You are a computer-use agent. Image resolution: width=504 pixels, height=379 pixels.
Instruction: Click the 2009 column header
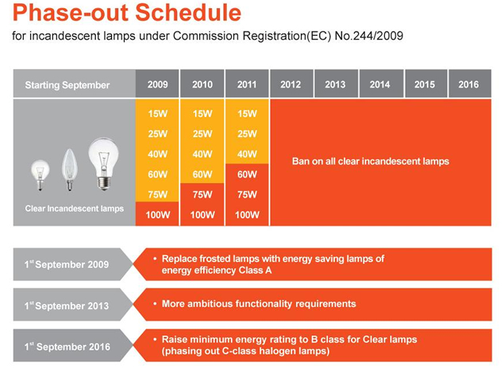click(157, 85)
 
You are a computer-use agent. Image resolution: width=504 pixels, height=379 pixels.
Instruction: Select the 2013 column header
click(335, 85)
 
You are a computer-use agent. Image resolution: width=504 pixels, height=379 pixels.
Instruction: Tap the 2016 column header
click(469, 85)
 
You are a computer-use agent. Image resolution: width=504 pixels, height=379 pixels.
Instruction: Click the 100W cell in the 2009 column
click(157, 214)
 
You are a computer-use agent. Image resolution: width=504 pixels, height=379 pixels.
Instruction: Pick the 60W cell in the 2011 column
click(248, 174)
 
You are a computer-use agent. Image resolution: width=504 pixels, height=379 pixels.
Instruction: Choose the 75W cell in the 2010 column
click(202, 194)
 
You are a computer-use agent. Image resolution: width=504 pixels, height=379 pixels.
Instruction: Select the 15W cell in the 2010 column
click(202, 113)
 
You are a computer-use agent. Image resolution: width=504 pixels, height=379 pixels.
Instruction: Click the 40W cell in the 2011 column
click(248, 154)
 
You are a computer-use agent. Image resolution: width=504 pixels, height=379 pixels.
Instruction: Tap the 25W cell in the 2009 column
click(157, 133)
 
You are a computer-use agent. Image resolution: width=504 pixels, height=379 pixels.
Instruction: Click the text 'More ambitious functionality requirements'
click(259, 304)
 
